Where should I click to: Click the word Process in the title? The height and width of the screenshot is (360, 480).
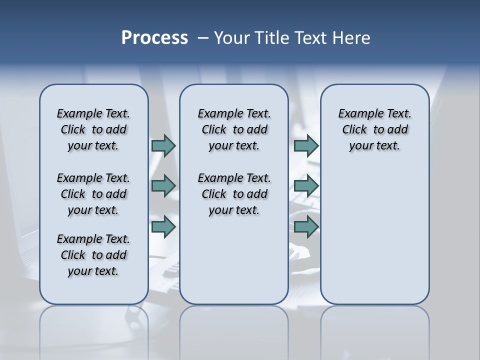(154, 38)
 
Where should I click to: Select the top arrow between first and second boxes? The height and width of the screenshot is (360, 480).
(163, 145)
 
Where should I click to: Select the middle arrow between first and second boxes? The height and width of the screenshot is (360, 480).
(163, 186)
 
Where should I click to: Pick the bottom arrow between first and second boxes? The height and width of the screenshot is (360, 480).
(163, 227)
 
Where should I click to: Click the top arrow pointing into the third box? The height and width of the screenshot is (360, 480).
(306, 145)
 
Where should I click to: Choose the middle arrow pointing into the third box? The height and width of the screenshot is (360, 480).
(306, 186)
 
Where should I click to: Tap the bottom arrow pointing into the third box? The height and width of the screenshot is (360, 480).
(306, 227)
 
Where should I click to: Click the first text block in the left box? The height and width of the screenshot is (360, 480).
(93, 129)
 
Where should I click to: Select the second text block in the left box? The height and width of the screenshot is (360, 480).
(93, 194)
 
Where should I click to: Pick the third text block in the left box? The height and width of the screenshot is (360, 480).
(93, 255)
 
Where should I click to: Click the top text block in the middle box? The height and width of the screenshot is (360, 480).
(234, 129)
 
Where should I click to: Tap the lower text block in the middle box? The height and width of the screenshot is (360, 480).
(234, 194)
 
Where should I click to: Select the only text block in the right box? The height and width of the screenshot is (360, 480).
(374, 129)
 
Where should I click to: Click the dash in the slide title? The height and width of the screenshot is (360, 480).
(203, 38)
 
